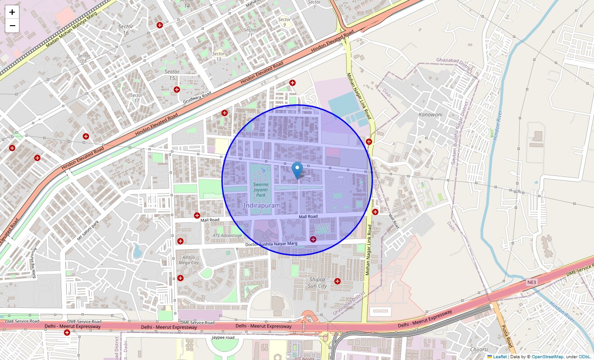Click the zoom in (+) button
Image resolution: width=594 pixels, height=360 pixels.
(12, 12)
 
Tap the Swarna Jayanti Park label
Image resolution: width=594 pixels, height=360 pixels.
(260, 190)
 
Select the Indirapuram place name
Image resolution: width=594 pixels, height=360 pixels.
(262, 206)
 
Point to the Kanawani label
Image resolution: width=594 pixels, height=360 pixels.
(430, 114)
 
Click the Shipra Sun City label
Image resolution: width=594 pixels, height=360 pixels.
(317, 283)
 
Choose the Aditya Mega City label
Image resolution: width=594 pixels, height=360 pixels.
(189, 260)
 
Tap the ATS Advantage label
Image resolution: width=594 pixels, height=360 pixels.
(227, 235)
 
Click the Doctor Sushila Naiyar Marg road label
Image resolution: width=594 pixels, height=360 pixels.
(271, 244)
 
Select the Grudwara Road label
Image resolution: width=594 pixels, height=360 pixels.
(197, 98)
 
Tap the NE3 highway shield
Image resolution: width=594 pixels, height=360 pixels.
(532, 282)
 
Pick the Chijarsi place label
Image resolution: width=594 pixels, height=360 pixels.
(479, 349)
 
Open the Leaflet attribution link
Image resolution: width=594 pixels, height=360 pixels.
(500, 357)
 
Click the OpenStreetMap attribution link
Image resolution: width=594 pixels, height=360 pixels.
(547, 357)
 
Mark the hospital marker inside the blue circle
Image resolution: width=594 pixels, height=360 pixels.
(313, 239)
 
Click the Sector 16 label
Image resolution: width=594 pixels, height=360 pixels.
(126, 30)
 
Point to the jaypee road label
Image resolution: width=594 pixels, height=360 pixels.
(223, 337)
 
